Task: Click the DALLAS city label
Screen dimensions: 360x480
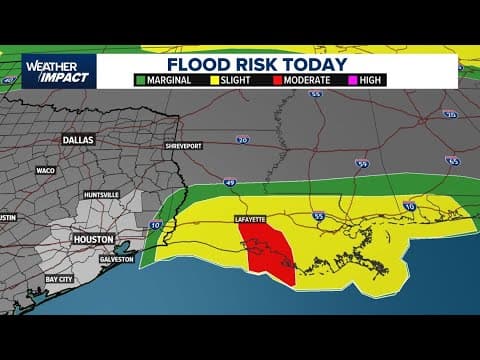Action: (77, 140)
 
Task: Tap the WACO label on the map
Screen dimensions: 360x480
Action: (46, 170)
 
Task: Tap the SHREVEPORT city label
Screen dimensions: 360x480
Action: (185, 145)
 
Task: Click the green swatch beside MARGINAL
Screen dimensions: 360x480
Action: (141, 79)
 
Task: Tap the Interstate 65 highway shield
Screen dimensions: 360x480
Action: (453, 159)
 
